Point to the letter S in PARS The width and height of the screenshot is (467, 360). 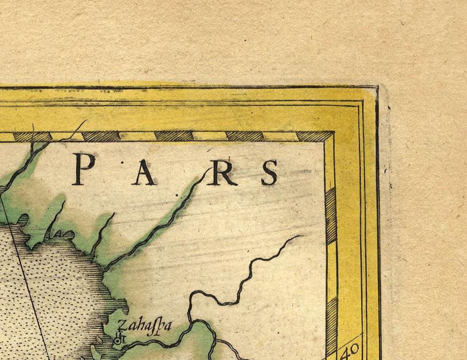(270, 173)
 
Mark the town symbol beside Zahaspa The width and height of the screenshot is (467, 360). (120, 339)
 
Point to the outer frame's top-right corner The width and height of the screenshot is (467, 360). (377, 87)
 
